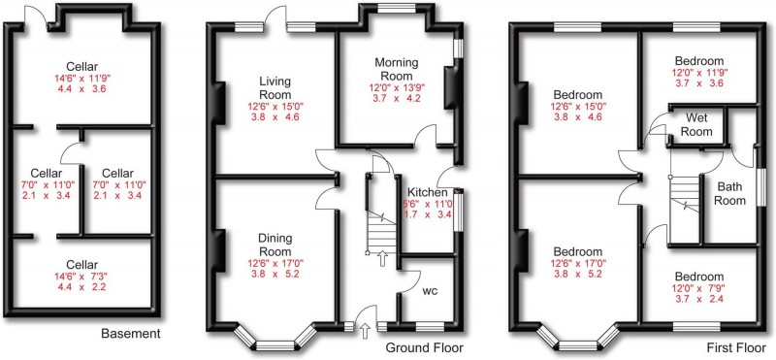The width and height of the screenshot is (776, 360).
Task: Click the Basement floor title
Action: tap(131, 334)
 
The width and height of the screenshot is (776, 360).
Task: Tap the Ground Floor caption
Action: tap(425, 347)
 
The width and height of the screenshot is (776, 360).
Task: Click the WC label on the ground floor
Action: tap(433, 290)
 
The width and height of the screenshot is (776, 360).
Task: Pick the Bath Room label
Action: tap(730, 193)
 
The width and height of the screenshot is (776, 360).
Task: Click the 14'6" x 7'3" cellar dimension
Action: tap(81, 279)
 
